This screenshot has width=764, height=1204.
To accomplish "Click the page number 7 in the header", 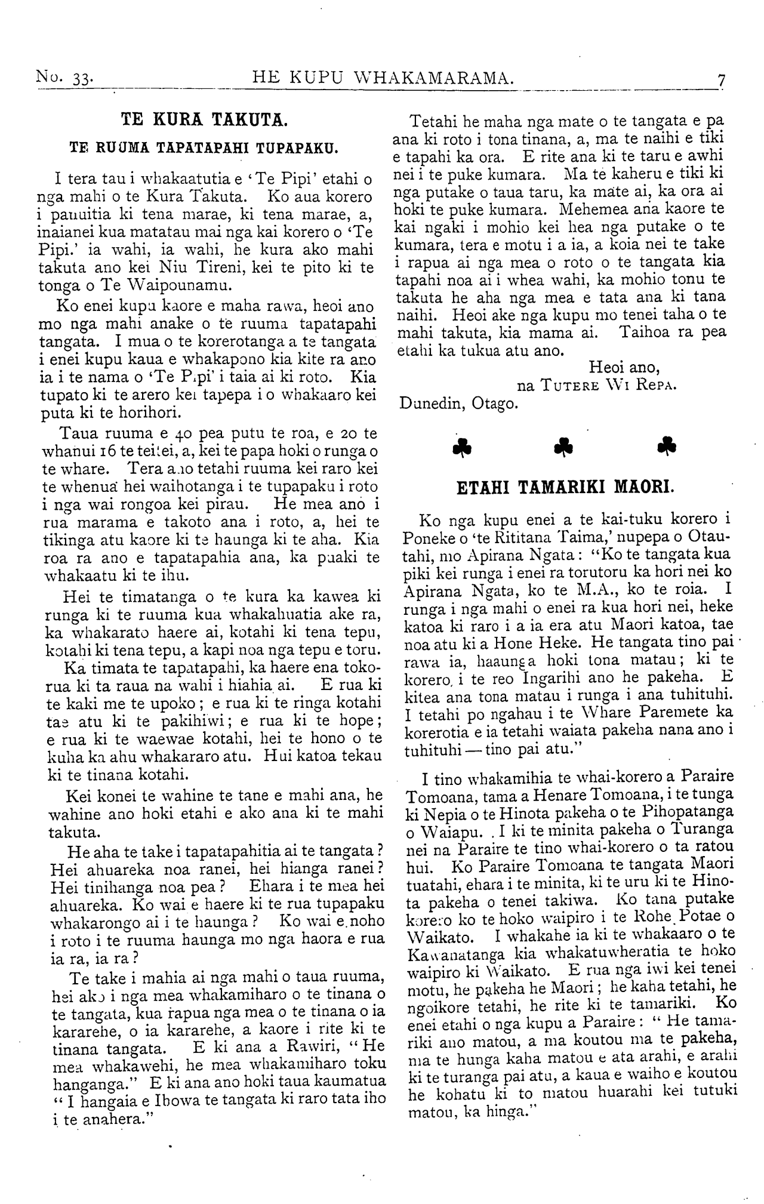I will tap(722, 79).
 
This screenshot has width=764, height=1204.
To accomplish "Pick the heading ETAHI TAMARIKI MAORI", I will tap(565, 486).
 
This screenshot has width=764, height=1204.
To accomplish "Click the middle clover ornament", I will tap(562, 447).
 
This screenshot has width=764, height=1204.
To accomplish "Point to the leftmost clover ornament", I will tap(460, 447).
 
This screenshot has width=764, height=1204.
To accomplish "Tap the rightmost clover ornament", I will tap(664, 447).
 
